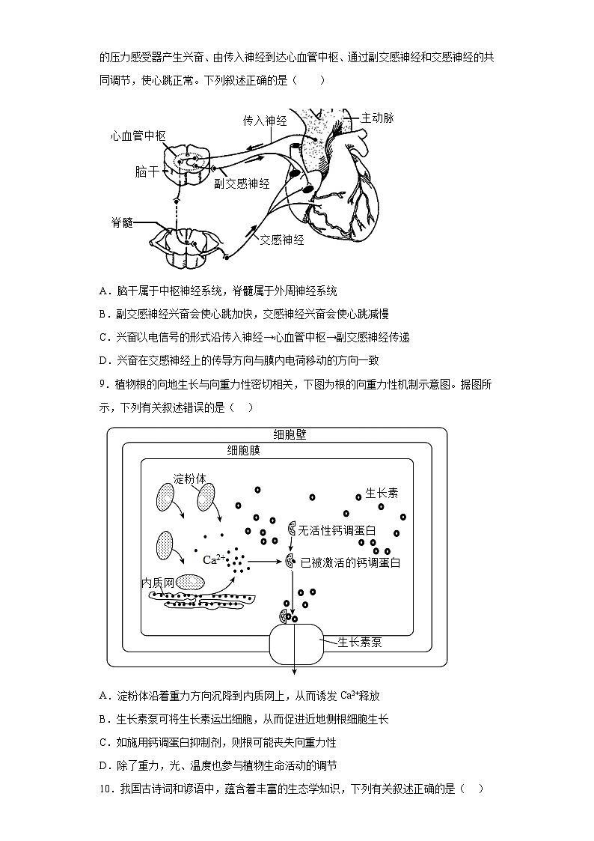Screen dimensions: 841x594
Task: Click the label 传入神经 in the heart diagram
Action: point(265,120)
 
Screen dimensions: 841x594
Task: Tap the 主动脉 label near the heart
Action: point(377,118)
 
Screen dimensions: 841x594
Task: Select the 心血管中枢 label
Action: point(138,136)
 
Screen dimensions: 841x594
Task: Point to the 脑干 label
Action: point(147,171)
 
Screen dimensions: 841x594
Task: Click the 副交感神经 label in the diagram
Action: point(241,183)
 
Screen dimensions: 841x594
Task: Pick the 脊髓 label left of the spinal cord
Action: point(122,223)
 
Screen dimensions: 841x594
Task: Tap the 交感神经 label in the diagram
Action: point(282,240)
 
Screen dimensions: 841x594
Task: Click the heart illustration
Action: point(337,180)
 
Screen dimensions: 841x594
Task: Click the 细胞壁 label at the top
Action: point(290,434)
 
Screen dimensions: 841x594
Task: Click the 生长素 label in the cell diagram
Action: point(382,493)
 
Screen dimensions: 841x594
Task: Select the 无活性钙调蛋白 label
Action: point(337,530)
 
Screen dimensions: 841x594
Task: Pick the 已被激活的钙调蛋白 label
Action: point(350,562)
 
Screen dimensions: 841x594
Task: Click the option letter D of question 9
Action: point(103,765)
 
